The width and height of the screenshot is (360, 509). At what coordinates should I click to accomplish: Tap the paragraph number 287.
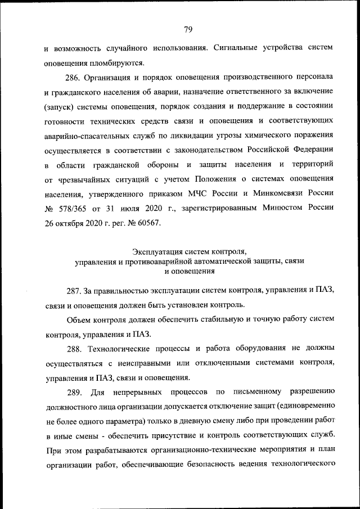point(74,290)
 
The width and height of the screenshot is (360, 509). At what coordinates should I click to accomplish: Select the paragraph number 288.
point(74,349)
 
